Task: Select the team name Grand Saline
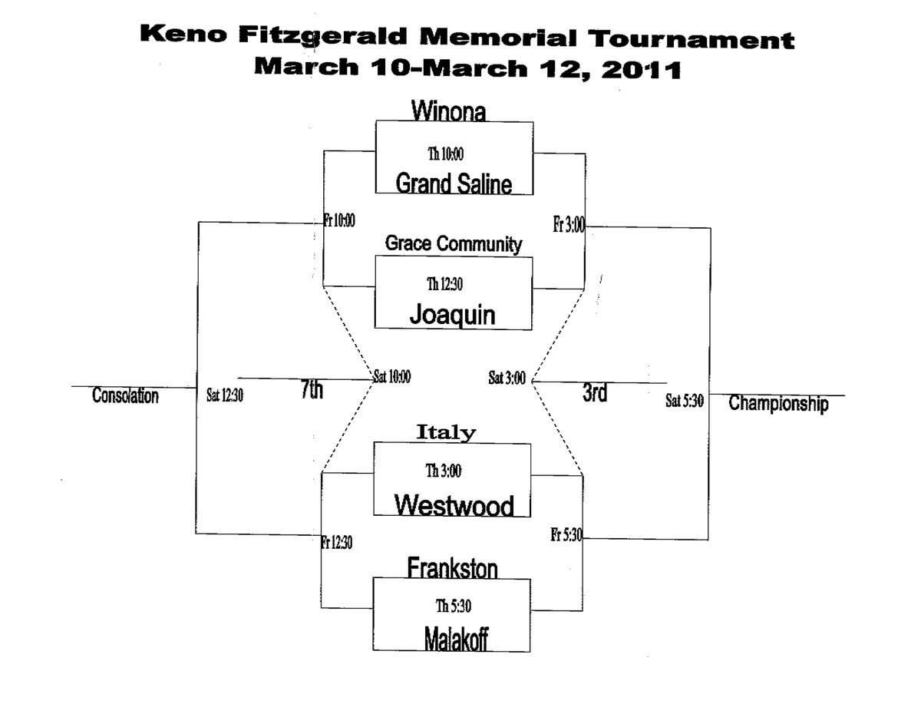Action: [453, 183]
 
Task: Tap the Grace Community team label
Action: [453, 244]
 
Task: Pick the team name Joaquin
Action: [453, 315]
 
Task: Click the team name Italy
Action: [446, 432]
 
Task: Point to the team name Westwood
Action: [454, 504]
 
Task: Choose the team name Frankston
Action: [452, 568]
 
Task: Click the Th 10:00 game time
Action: [445, 154]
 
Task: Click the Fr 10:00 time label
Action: [339, 220]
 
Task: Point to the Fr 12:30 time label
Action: [337, 542]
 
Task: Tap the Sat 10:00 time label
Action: [392, 377]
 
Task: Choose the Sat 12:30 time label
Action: [225, 397]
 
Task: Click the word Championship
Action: [778, 403]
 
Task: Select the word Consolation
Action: [125, 396]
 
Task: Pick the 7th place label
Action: [312, 391]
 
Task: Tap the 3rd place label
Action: [595, 392]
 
